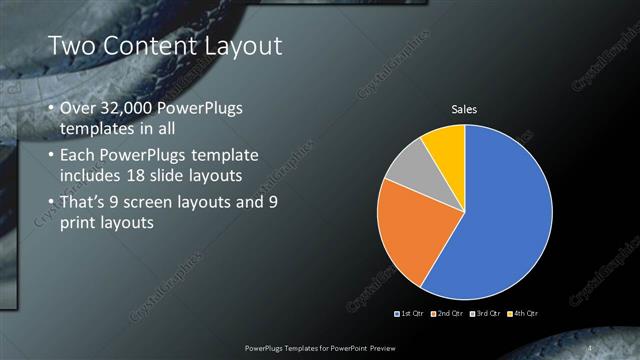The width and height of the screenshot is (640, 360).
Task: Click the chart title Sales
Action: [464, 109]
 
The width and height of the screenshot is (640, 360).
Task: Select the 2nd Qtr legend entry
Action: [448, 314]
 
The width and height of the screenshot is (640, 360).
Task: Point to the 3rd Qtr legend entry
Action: [485, 314]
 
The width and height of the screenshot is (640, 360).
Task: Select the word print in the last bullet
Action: [80, 223]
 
